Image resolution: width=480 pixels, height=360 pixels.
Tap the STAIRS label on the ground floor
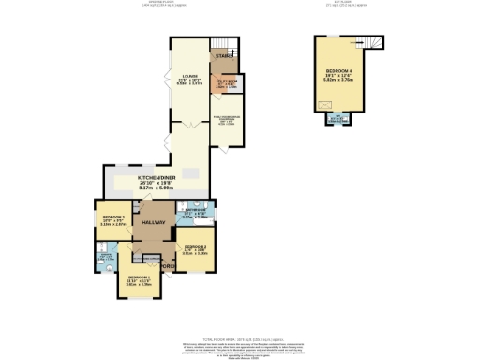tap(222, 57)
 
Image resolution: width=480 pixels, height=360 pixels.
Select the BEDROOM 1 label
tap(138, 277)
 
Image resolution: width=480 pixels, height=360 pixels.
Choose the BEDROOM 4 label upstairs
tap(340, 70)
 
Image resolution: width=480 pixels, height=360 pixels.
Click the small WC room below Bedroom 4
tap(338, 118)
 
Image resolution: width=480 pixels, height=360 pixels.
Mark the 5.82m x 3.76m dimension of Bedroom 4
tap(340, 82)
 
